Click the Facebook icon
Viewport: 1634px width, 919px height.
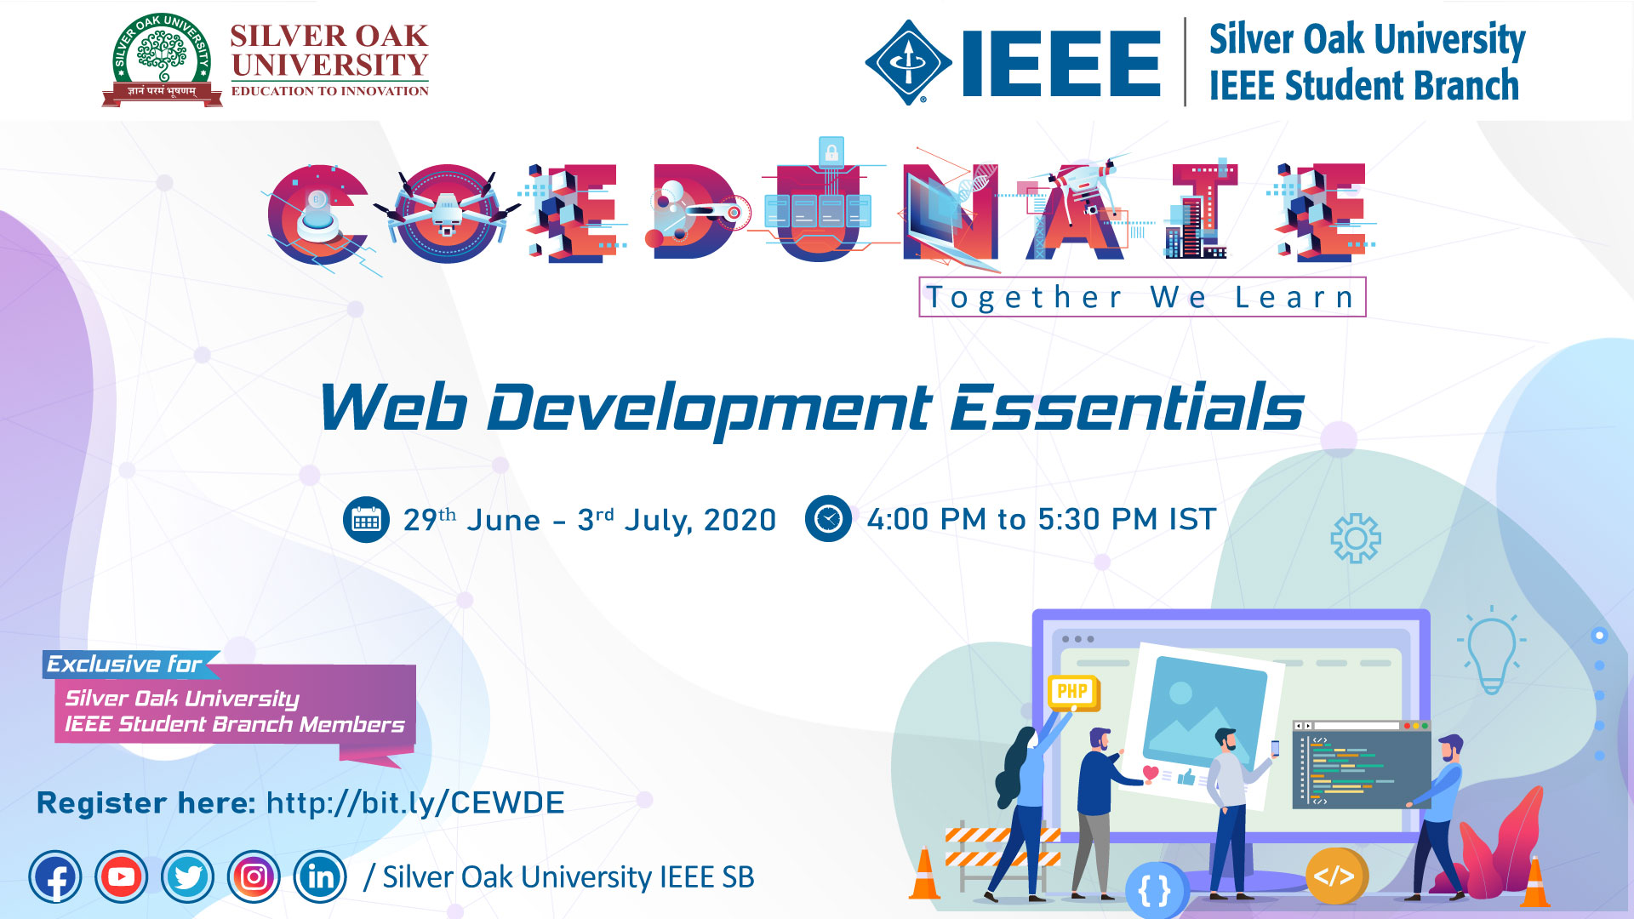[x=55, y=876]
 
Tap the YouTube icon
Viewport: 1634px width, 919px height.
[x=121, y=876]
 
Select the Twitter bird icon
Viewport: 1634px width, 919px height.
[x=187, y=876]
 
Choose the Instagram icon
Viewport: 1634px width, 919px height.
[x=254, y=876]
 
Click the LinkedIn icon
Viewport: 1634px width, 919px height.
[x=320, y=876]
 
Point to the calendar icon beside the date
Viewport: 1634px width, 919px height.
[x=366, y=519]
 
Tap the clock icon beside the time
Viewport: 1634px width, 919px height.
[x=828, y=518]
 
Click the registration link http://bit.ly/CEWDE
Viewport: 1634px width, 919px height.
[x=415, y=802]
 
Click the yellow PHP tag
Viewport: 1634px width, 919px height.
[x=1072, y=692]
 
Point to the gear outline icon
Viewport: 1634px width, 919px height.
[x=1356, y=538]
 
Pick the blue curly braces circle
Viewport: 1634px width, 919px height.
[x=1155, y=891]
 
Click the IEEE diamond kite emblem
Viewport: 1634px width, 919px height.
[x=908, y=62]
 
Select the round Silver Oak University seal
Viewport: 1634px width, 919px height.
[x=162, y=55]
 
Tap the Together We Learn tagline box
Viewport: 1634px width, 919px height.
[x=1142, y=297]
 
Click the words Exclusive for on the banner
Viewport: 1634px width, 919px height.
[x=124, y=664]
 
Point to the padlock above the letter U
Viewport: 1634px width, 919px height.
[x=831, y=151]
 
